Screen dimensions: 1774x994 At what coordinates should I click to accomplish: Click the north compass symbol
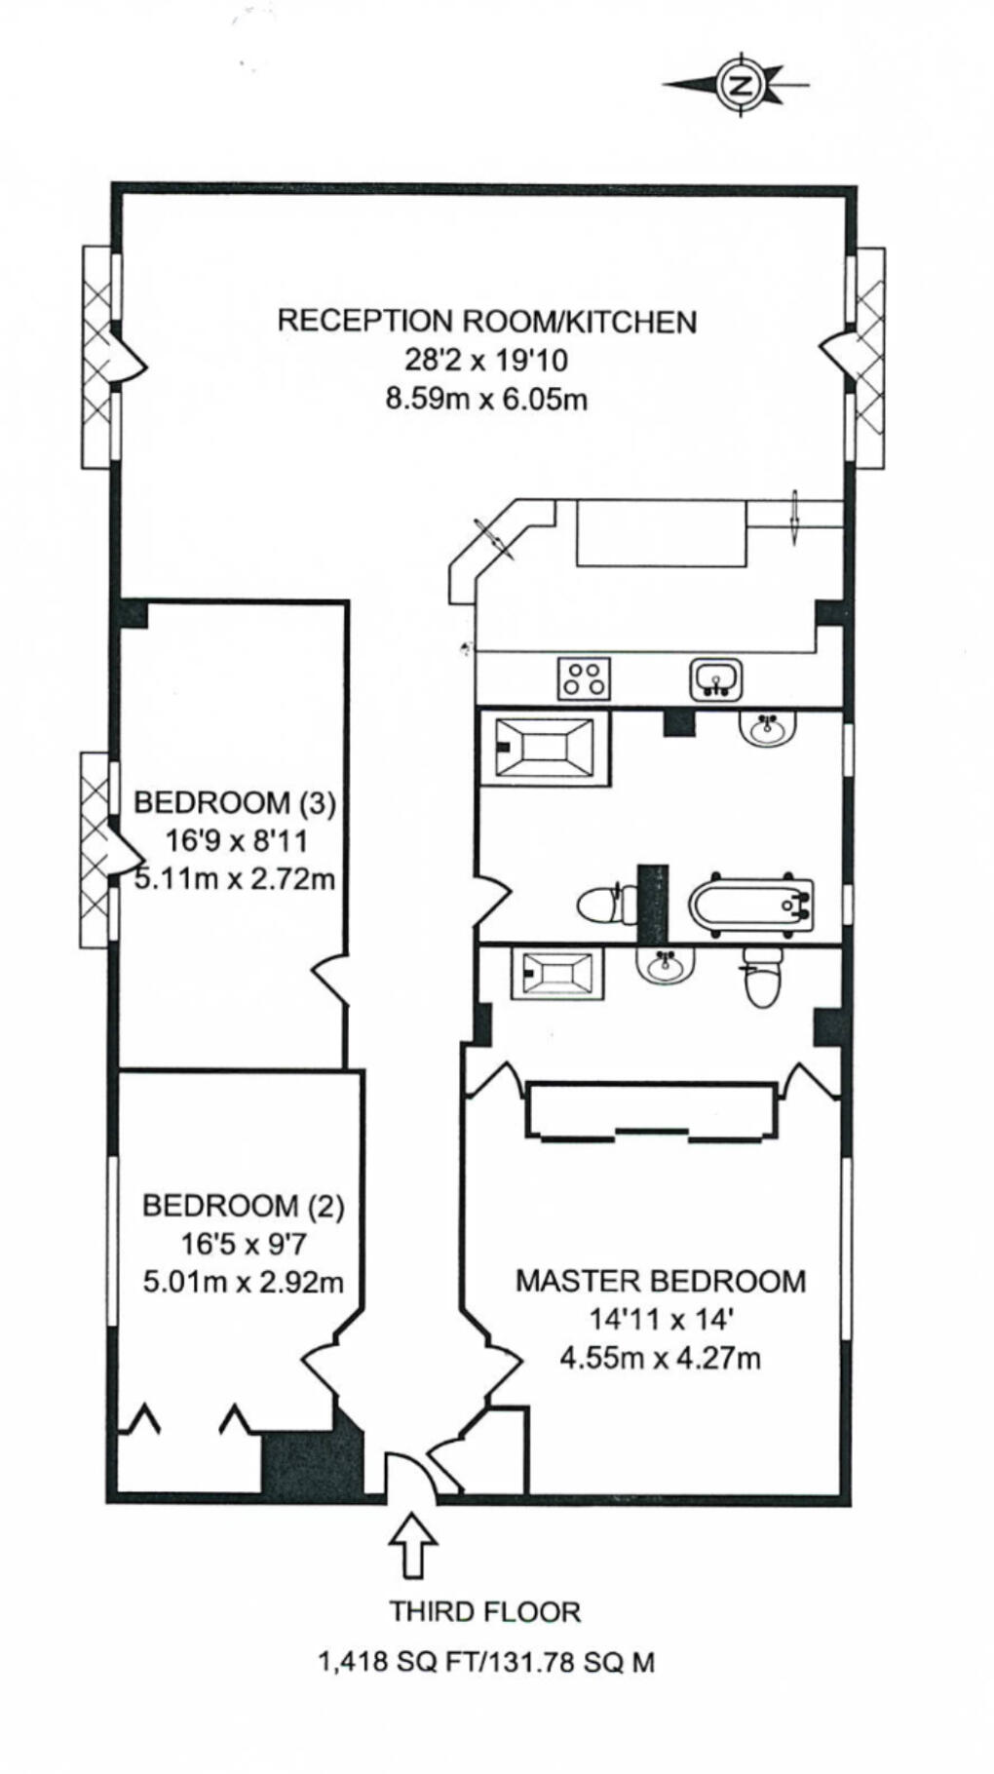coord(742,85)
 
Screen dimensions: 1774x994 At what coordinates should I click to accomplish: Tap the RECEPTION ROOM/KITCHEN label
coord(486,321)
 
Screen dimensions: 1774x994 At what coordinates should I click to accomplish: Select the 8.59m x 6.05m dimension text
coord(486,399)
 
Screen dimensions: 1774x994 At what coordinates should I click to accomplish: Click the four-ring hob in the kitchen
coord(585,678)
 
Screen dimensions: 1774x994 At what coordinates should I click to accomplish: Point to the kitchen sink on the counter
coord(716,679)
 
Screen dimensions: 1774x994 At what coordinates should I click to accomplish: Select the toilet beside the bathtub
coord(601,906)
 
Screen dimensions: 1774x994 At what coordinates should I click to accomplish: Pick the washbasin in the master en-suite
coord(667,966)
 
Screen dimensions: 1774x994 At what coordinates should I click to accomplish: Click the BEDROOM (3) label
coord(234,803)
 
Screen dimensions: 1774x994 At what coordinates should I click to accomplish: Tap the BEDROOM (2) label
coord(243,1206)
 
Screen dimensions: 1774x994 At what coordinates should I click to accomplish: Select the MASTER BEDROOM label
coord(661,1280)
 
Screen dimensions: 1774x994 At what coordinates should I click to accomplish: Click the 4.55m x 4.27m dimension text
coord(661,1357)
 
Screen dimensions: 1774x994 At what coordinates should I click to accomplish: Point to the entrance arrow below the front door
coord(413,1545)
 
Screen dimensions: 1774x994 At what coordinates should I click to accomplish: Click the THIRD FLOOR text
coord(485,1611)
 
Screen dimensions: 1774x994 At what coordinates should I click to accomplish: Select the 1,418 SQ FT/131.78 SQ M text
coord(485,1662)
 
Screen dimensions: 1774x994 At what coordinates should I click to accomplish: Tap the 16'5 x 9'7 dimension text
coord(243,1244)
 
